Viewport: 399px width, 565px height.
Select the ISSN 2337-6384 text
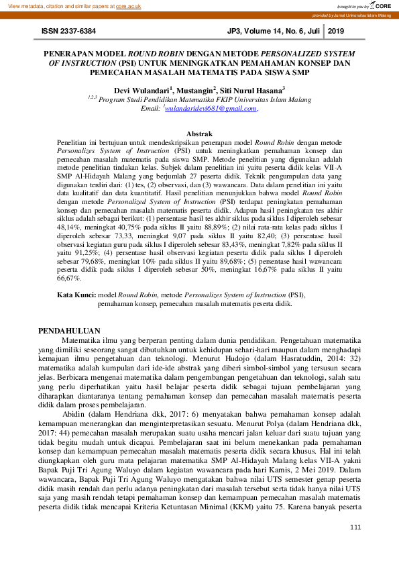[x=68, y=32]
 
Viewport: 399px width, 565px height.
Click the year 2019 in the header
[x=335, y=32]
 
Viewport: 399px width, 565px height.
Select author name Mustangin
[x=195, y=90]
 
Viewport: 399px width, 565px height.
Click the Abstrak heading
[x=199, y=134]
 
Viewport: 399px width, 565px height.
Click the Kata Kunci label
[x=76, y=295]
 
